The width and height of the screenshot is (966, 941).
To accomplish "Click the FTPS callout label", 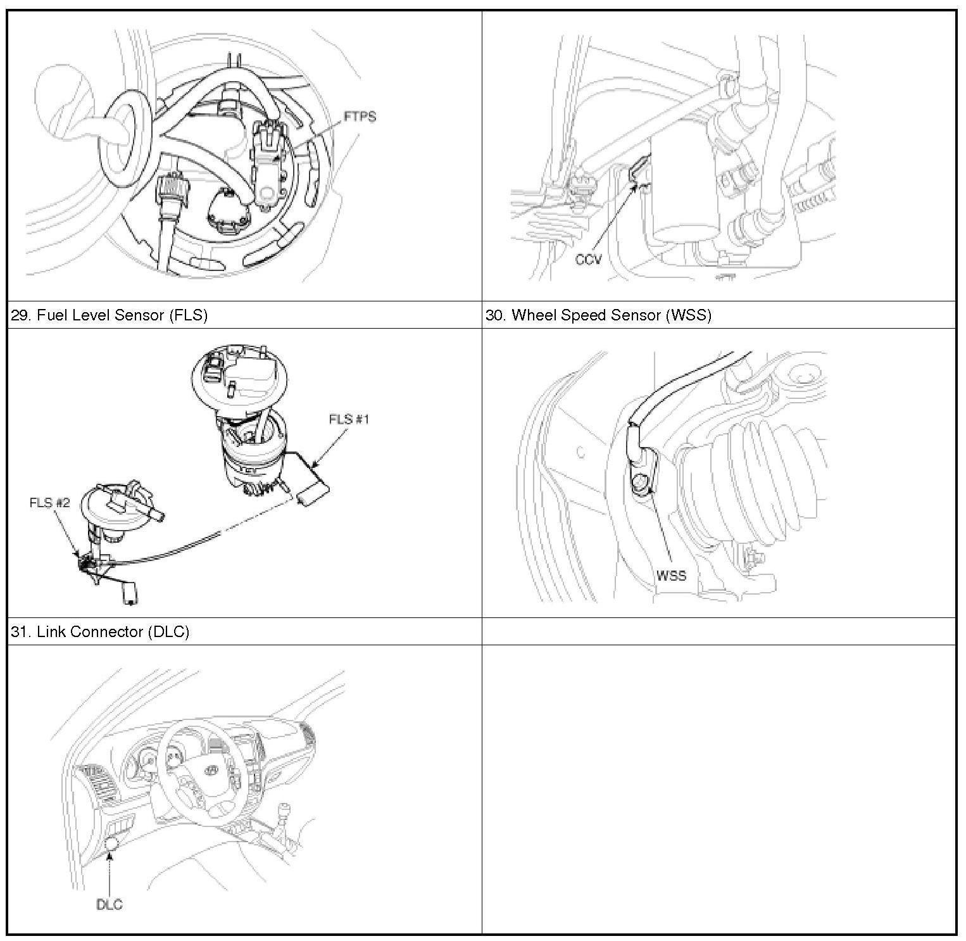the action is [360, 117].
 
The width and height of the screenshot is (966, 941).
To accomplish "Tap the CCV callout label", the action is [588, 259].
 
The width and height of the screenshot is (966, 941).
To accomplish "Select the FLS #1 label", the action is [349, 419].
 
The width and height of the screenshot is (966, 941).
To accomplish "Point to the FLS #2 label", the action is [49, 502].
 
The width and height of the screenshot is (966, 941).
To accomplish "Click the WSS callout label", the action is [671, 576].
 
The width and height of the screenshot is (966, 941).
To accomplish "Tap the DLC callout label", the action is [109, 904].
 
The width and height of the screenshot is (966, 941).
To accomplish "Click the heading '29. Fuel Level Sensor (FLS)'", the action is [110, 315].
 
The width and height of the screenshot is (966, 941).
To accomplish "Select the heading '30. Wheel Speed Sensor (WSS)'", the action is [598, 315].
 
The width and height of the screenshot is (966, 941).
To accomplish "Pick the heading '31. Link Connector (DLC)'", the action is [100, 631].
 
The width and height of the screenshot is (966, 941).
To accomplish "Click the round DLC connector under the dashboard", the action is [113, 843].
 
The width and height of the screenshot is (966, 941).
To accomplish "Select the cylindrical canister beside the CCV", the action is [686, 190].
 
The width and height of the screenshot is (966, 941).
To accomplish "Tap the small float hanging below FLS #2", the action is [131, 593].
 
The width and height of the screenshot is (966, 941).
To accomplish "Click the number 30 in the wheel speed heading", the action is [494, 315].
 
